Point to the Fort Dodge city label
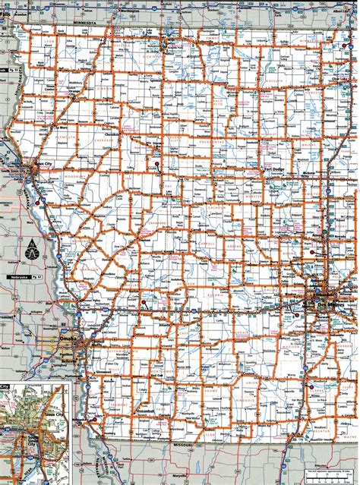(x=272, y=168)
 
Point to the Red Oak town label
(x=156, y=376)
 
